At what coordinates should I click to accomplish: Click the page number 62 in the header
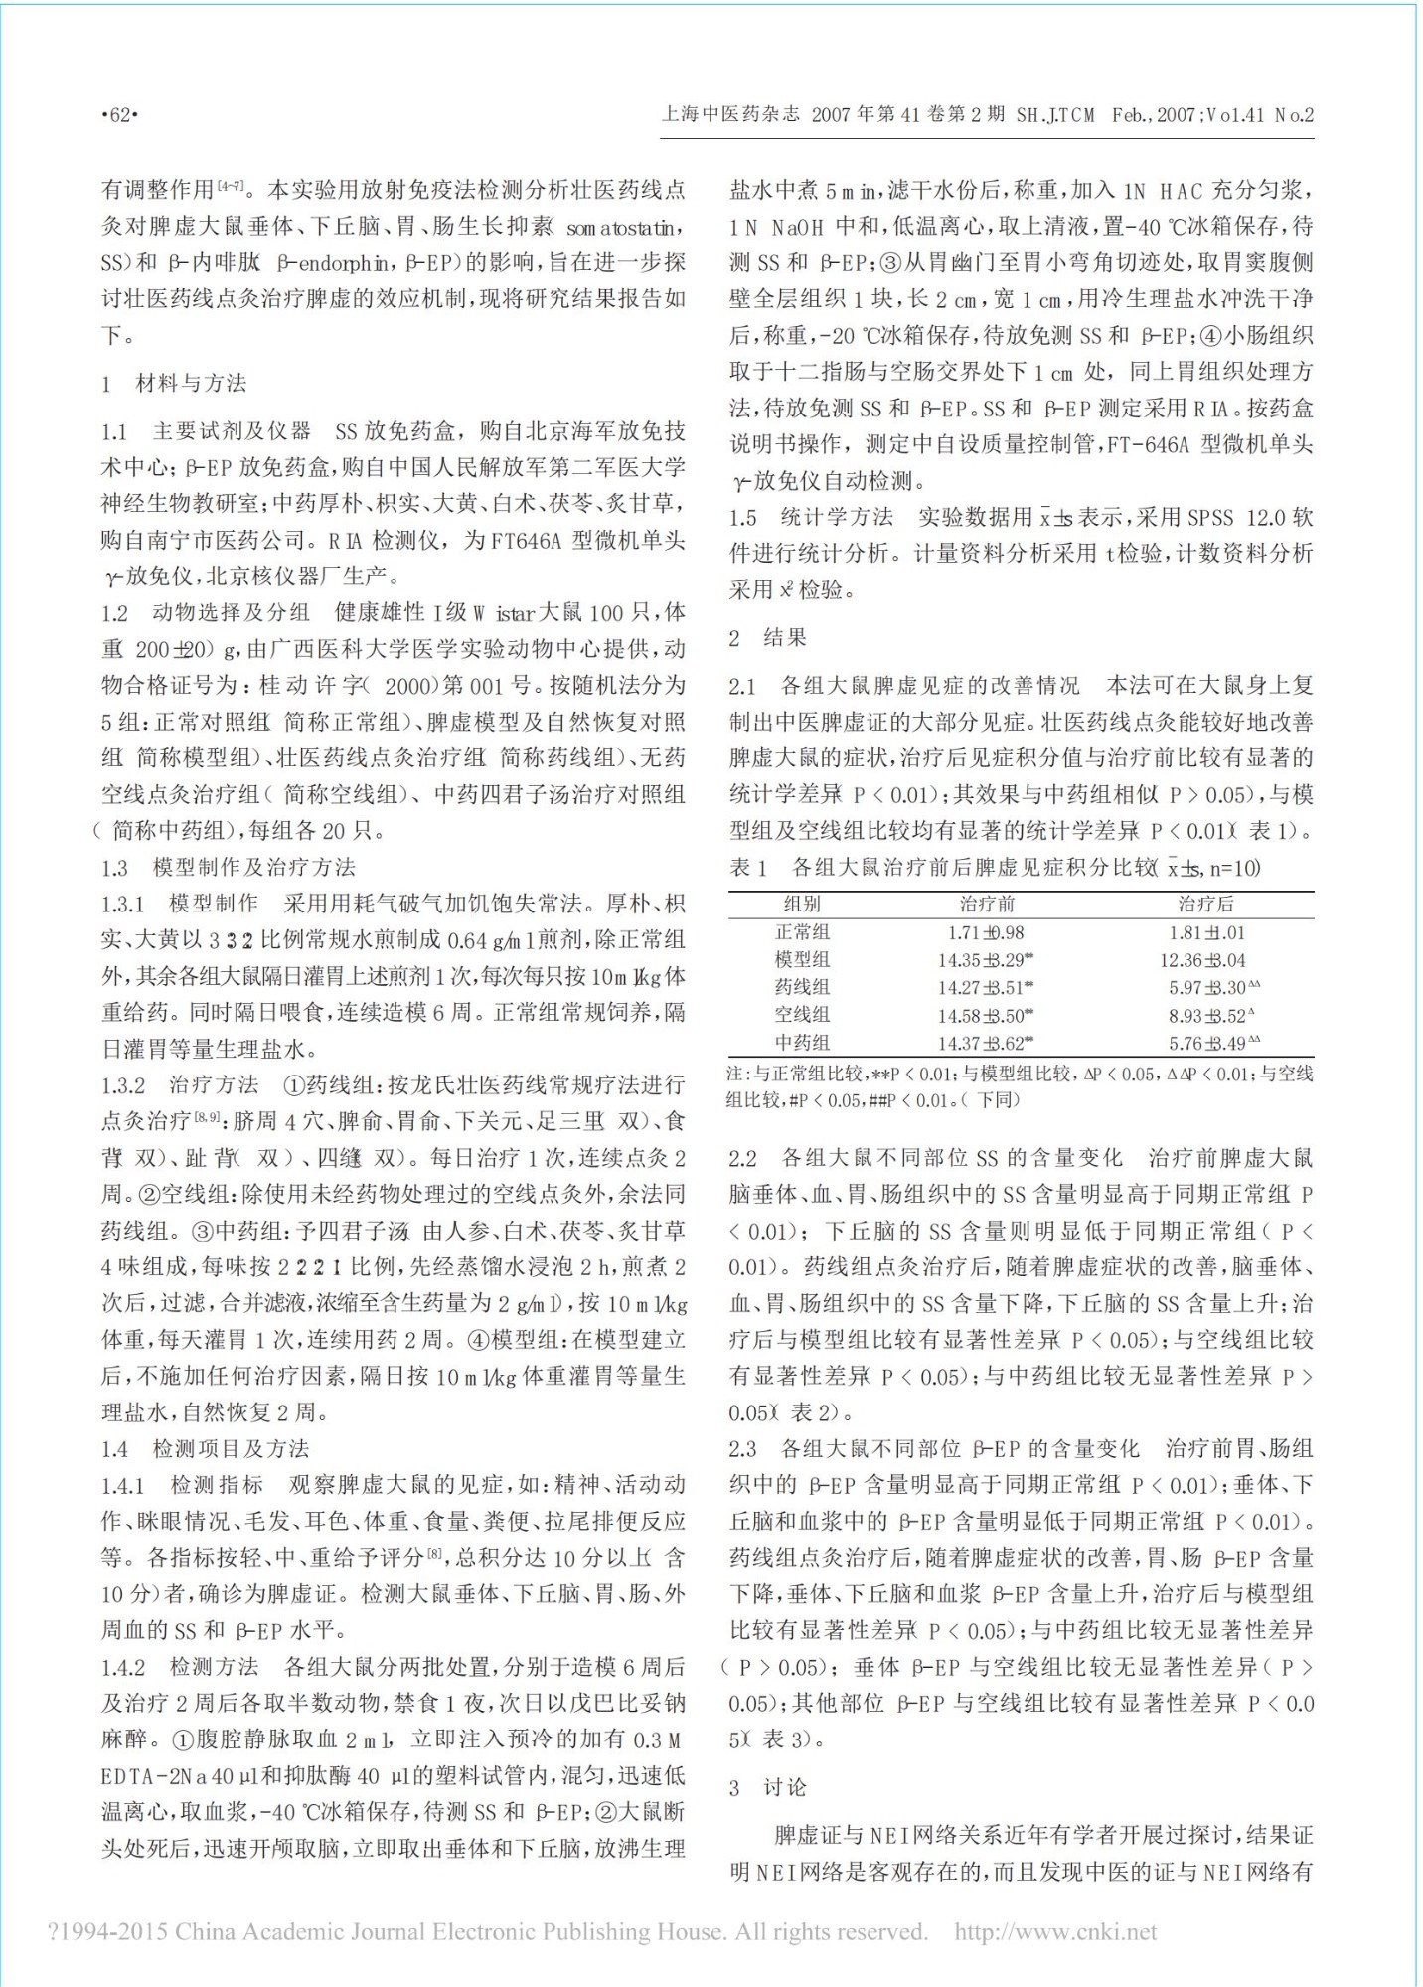click(119, 115)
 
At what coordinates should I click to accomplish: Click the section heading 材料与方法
click(191, 383)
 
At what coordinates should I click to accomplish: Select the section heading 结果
click(784, 637)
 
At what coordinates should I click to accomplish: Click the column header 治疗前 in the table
click(986, 904)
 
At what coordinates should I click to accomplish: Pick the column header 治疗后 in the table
click(1205, 904)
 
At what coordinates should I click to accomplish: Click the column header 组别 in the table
click(802, 904)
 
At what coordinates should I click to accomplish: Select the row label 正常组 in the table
click(802, 932)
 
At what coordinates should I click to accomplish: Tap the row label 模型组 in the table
click(802, 960)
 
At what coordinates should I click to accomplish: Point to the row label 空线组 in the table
click(802, 1015)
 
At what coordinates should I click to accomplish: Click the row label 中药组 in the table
click(802, 1043)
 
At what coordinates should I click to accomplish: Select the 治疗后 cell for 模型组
click(1201, 960)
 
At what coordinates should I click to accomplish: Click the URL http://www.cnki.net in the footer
click(1055, 1931)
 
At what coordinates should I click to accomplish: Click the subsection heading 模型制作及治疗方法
click(253, 867)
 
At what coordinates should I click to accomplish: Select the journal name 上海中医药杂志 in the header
click(730, 115)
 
